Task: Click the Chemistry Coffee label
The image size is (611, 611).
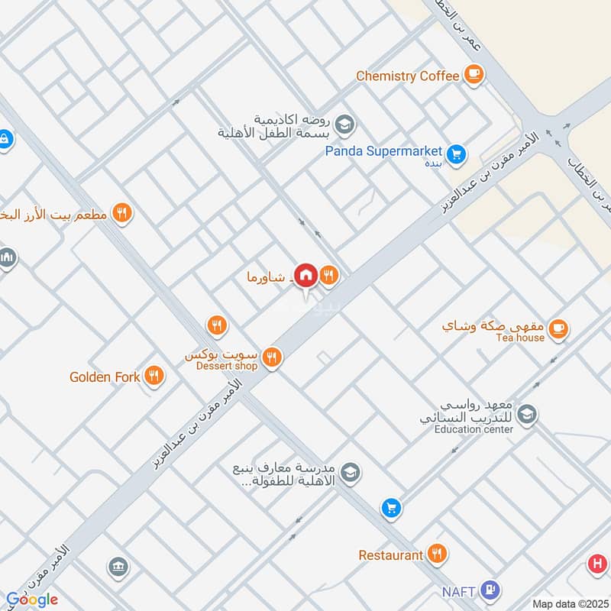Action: click(x=408, y=76)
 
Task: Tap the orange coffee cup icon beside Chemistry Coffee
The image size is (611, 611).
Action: click(x=474, y=75)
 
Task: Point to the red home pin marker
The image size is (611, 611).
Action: click(x=306, y=275)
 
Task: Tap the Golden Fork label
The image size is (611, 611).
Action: click(x=105, y=377)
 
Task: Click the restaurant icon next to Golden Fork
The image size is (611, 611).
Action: click(x=154, y=376)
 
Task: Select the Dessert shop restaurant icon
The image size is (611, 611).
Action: click(x=271, y=357)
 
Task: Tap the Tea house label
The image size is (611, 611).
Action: click(x=520, y=338)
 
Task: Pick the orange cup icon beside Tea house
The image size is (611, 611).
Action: click(x=559, y=328)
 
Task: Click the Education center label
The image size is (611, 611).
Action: click(x=474, y=429)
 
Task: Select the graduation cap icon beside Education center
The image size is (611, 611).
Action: click(x=526, y=415)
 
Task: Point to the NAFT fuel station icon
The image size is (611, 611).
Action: click(x=493, y=590)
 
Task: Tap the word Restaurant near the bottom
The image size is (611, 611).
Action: click(x=390, y=555)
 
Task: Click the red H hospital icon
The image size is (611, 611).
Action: click(x=596, y=565)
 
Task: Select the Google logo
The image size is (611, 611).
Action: click(x=31, y=600)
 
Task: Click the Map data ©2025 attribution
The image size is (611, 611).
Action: click(x=569, y=603)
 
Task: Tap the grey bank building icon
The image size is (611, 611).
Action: click(x=118, y=567)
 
